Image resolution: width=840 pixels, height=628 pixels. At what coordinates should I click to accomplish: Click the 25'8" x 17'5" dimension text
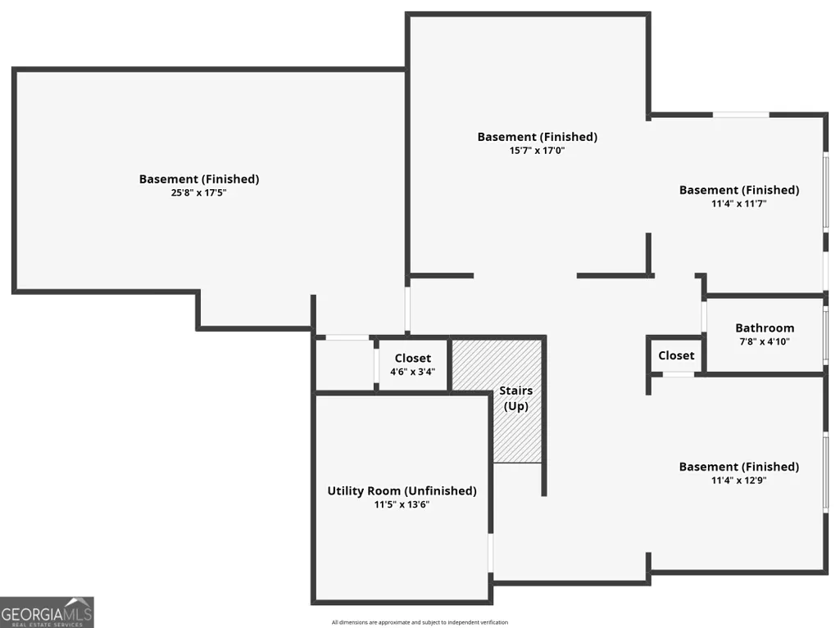pos(199,192)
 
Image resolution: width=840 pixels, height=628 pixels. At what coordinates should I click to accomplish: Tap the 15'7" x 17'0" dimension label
pos(537,151)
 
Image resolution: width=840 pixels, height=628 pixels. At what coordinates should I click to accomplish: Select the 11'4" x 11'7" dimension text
pos(738,203)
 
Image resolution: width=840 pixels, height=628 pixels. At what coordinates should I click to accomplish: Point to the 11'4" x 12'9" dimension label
pos(738,481)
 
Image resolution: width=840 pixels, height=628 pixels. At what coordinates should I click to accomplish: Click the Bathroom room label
pos(765,328)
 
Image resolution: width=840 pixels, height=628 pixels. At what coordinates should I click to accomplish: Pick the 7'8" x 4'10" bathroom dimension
pos(765,341)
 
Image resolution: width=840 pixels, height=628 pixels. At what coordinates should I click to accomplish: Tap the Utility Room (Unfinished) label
pos(402,491)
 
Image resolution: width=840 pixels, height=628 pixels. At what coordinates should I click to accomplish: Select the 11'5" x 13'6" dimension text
pos(402,504)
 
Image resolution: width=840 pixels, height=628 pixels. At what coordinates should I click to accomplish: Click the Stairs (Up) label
pos(516,398)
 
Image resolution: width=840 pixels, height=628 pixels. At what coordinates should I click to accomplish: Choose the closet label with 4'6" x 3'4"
pos(412,358)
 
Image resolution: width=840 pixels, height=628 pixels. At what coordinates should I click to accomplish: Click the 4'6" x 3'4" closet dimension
pos(412,372)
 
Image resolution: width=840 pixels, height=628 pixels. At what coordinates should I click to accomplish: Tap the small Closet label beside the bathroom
pos(676,355)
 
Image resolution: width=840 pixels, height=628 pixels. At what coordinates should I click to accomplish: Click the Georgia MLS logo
pos(47,612)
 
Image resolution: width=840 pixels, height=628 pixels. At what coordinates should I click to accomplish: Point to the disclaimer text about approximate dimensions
pos(420,622)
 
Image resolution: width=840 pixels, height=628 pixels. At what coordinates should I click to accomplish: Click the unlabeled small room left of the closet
pos(344,364)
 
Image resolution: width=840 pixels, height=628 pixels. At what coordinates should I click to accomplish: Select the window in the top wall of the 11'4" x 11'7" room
pos(741,115)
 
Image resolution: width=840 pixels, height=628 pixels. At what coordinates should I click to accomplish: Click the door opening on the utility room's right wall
pos(490,553)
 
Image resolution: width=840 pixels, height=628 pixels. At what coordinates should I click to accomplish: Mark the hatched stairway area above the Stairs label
pos(496,364)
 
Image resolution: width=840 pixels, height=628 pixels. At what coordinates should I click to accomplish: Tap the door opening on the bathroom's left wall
pos(704,317)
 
